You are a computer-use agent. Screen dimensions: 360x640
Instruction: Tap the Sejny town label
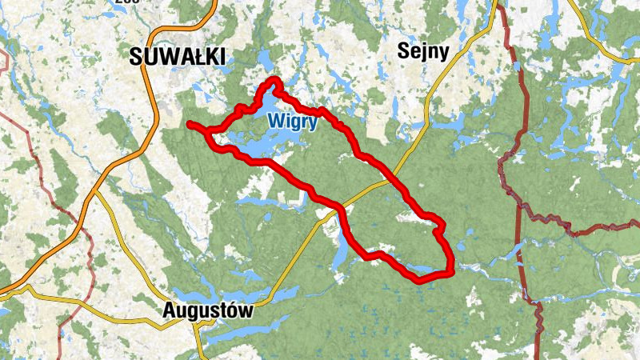[x=423, y=52]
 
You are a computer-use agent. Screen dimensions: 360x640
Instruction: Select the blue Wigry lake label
[x=292, y=122]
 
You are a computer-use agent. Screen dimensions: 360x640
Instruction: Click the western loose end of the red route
[x=190, y=124]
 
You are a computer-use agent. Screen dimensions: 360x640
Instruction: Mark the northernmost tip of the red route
[x=274, y=80]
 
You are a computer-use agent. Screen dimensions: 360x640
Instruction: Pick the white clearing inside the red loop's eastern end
[x=412, y=216]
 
